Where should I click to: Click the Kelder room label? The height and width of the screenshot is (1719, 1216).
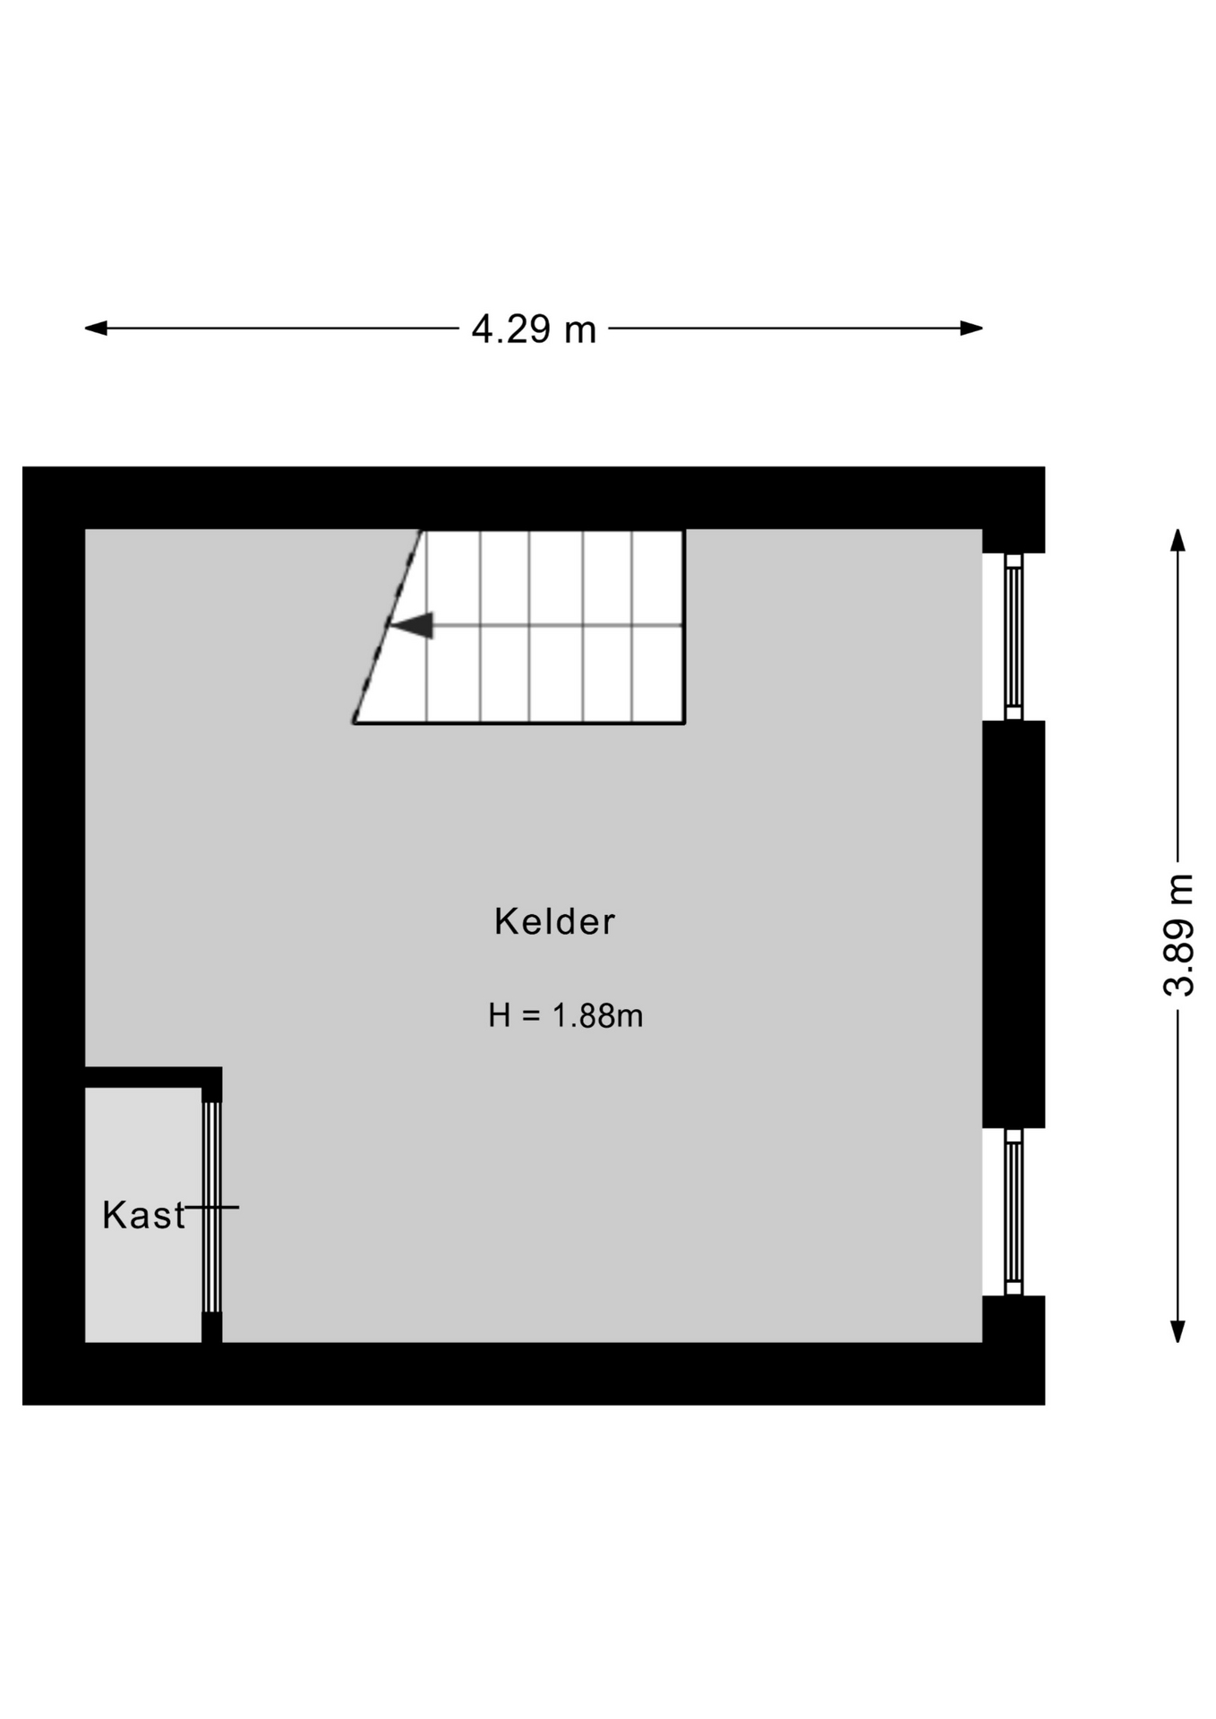[554, 921]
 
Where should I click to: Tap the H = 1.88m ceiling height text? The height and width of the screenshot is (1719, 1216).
[565, 1016]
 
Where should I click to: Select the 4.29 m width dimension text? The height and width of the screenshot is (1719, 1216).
[534, 329]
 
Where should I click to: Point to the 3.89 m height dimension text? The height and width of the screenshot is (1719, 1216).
[1178, 935]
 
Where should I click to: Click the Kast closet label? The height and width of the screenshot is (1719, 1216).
[143, 1215]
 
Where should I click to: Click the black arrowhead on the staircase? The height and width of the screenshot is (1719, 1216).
[413, 625]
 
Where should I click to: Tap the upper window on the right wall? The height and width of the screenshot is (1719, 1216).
[1014, 637]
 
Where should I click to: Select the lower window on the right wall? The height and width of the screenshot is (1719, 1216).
[1014, 1211]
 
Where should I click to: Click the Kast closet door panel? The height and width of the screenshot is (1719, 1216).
[211, 1207]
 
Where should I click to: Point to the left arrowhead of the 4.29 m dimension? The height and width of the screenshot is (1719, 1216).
[96, 329]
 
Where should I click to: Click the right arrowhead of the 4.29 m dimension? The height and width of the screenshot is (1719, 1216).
[972, 329]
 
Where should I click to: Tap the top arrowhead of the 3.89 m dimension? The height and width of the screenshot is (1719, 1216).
[1178, 541]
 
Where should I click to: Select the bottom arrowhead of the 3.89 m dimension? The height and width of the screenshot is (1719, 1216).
[1178, 1331]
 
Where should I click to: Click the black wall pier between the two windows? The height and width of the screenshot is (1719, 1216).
[1014, 924]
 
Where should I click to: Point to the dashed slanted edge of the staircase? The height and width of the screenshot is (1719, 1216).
[387, 626]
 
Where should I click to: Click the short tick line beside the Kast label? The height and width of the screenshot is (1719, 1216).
[212, 1207]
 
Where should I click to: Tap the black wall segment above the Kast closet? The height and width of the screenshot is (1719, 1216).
[153, 1077]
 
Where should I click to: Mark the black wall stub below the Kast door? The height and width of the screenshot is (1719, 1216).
[211, 1328]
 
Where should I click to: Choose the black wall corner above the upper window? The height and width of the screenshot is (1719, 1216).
[1014, 541]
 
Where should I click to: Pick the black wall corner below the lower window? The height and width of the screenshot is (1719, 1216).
[1014, 1320]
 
